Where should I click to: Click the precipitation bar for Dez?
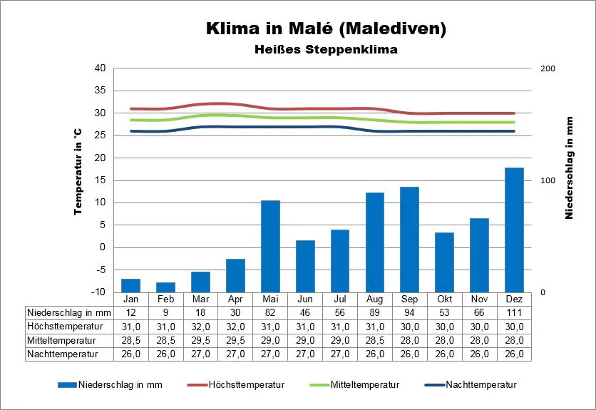pyautogui.click(x=514, y=230)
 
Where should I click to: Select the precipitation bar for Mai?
pyautogui.click(x=270, y=246)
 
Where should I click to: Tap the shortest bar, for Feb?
pyautogui.click(x=165, y=287)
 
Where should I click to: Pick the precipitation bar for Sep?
pyautogui.click(x=409, y=240)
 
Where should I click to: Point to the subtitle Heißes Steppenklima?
pyautogui.click(x=326, y=50)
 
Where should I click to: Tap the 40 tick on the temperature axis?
pyautogui.click(x=100, y=68)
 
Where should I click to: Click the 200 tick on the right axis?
pyautogui.click(x=548, y=68)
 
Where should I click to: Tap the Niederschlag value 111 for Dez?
pyautogui.click(x=514, y=312)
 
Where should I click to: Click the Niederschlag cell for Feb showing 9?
pyautogui.click(x=165, y=312)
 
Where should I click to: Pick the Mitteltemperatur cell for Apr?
pyautogui.click(x=235, y=340)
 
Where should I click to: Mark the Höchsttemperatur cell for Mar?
pyautogui.click(x=200, y=326)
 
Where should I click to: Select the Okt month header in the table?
pyautogui.click(x=444, y=299)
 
